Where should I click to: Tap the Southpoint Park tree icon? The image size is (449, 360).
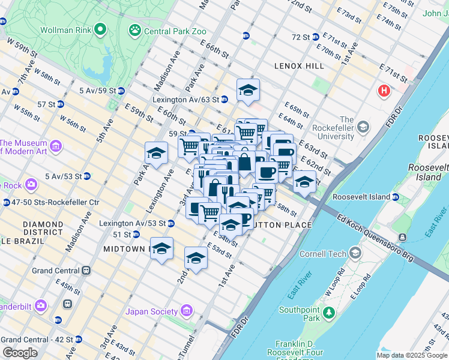coord(328,312)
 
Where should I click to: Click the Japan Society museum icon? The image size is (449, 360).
coord(186,311)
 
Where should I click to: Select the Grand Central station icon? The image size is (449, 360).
coord(86,271)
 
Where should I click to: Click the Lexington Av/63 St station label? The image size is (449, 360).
coord(185,100)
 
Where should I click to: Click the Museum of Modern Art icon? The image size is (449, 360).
coord(56,145)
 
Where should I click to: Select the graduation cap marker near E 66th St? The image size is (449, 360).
coord(248,90)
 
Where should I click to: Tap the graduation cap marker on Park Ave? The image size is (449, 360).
coord(156,152)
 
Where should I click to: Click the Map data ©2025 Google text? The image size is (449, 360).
coord(412,355)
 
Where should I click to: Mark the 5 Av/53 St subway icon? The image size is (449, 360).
coord(87,176)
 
